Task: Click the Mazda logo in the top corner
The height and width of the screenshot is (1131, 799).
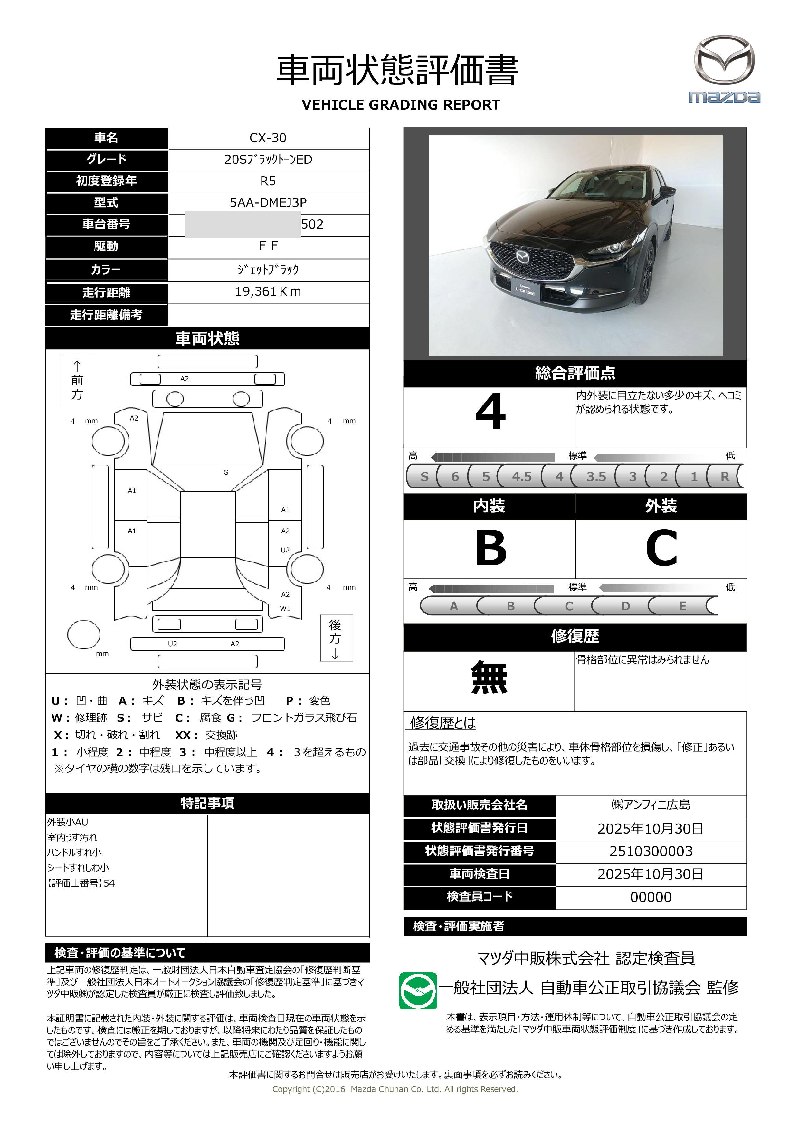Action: point(724,69)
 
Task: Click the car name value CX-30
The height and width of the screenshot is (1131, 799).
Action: point(268,138)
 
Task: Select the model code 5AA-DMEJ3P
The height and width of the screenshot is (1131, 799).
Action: point(268,202)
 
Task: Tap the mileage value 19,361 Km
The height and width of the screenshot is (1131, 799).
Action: point(268,292)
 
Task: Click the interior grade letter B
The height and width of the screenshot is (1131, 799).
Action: point(490,548)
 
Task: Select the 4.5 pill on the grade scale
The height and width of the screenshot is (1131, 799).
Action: point(521,476)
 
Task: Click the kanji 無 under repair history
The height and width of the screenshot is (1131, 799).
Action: point(489,678)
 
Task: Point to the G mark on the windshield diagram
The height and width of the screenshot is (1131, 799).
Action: point(226,473)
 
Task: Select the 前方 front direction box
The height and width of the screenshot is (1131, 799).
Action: point(77,380)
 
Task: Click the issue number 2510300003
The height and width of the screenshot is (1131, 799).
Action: point(651,852)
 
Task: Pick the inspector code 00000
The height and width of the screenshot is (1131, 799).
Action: point(651,898)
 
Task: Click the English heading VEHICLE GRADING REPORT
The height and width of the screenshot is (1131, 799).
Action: point(401,105)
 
